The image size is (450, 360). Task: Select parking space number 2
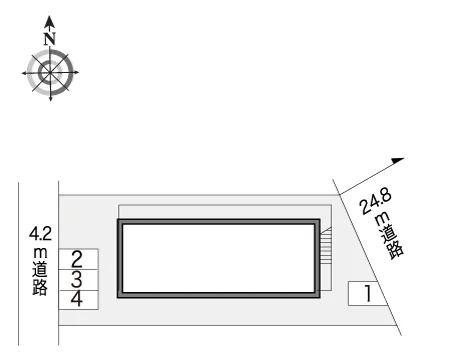(78, 259)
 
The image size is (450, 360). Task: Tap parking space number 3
(78, 280)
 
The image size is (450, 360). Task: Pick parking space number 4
(78, 300)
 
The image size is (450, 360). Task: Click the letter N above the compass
(50, 39)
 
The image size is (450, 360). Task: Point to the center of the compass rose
(50, 72)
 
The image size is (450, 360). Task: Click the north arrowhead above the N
(50, 22)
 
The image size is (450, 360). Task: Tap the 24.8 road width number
(376, 203)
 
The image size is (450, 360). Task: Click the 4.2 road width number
(40, 233)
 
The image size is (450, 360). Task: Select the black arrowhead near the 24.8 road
(397, 161)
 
